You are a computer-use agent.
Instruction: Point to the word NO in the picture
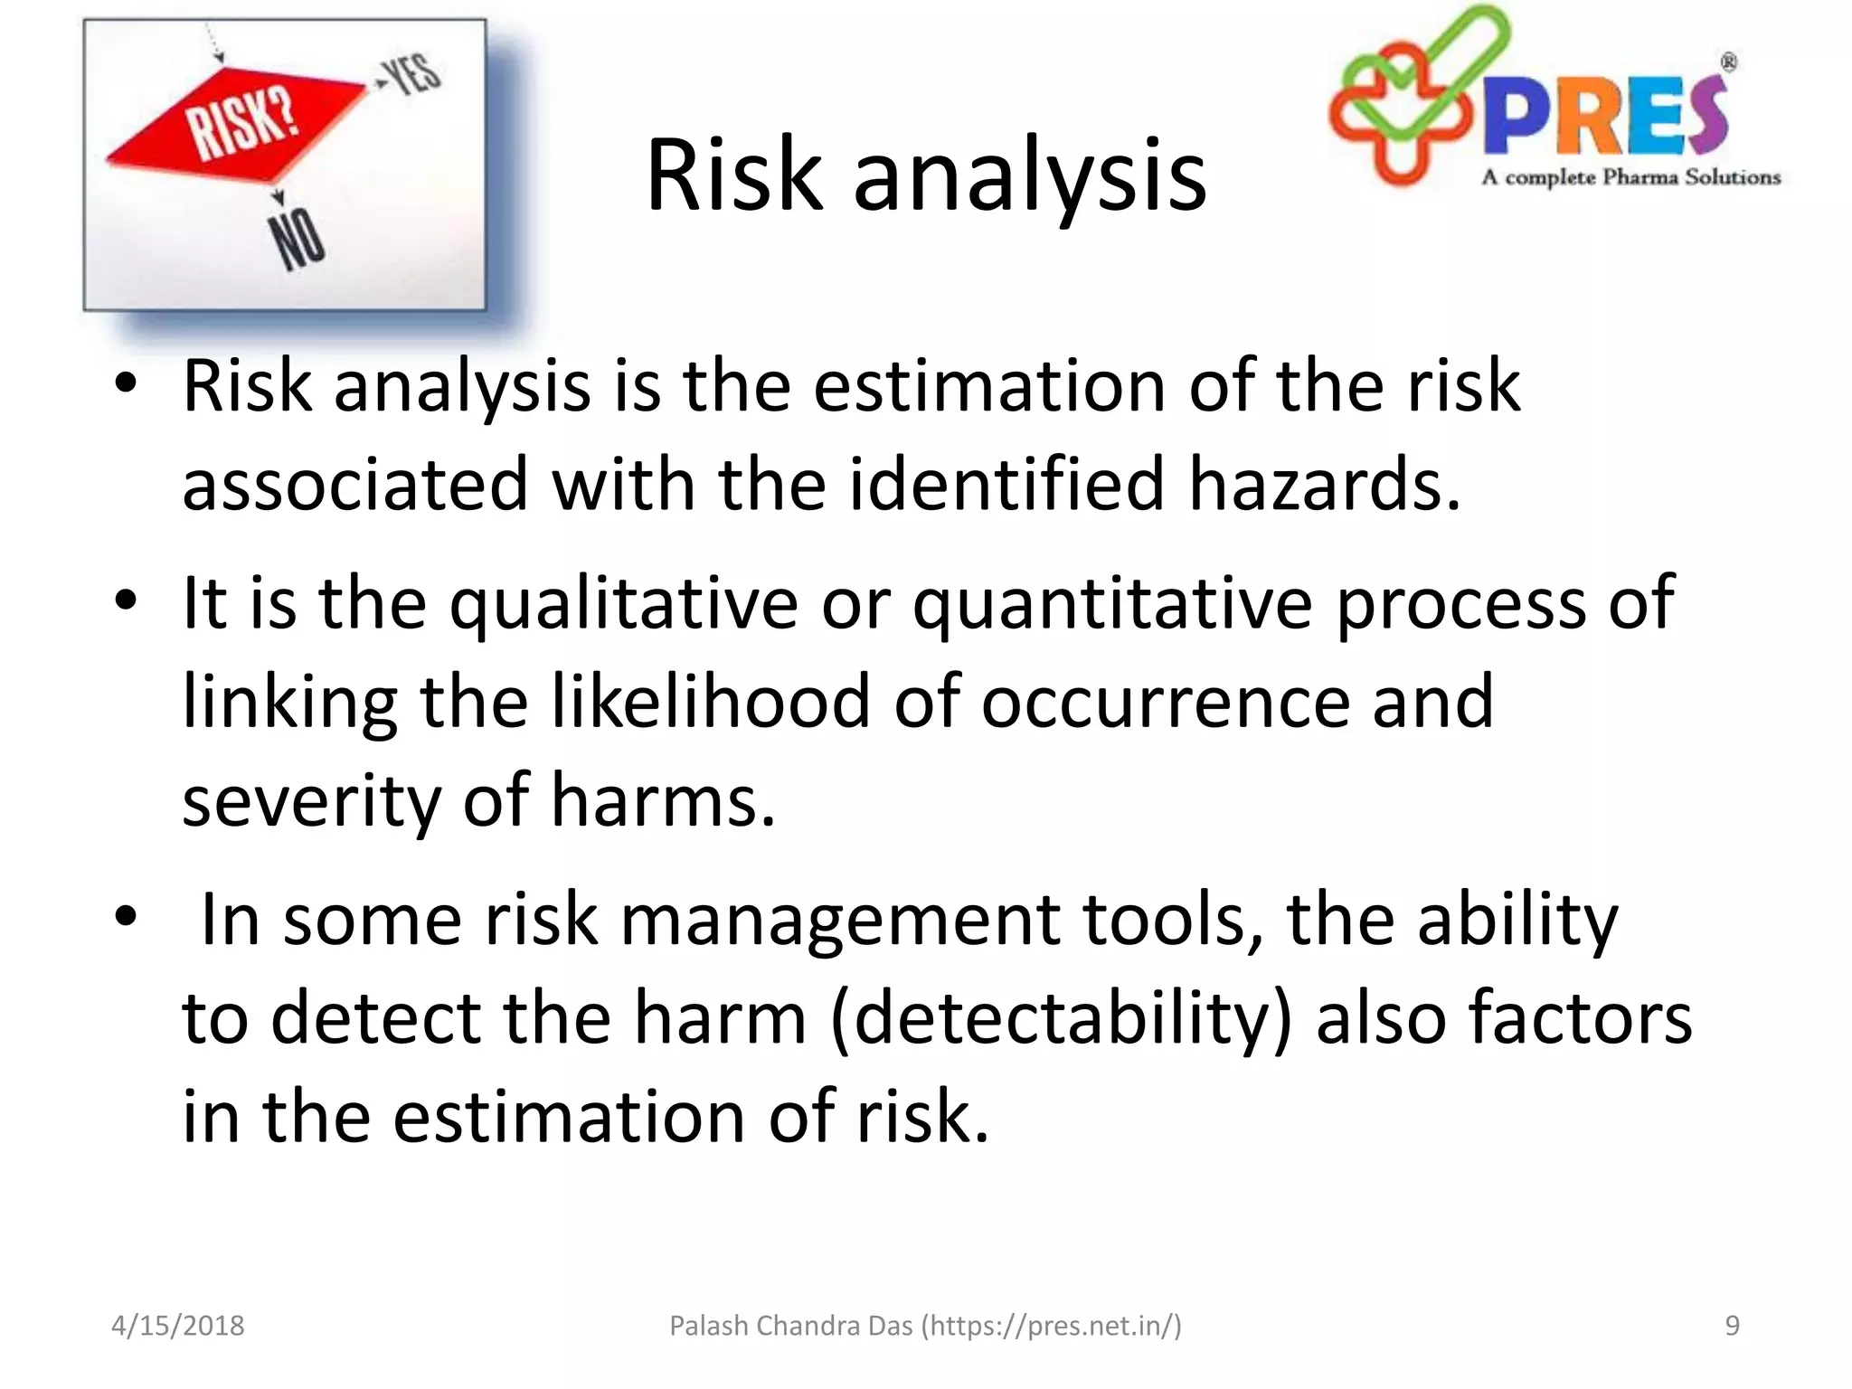[x=298, y=240]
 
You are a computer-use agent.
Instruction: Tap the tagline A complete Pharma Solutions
[x=1630, y=177]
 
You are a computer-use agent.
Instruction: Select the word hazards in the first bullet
[x=1323, y=484]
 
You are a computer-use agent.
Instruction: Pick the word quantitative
[x=1111, y=603]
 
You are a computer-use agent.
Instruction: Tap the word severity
[x=310, y=800]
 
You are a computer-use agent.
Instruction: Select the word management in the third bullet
[x=840, y=920]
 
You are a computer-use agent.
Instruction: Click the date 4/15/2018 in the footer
[x=177, y=1326]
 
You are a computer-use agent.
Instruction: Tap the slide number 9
[x=1732, y=1326]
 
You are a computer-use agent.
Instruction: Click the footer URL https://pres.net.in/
[x=1051, y=1326]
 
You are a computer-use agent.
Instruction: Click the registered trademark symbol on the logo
[x=1728, y=62]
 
